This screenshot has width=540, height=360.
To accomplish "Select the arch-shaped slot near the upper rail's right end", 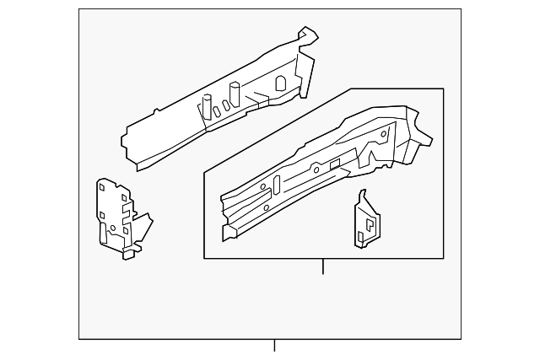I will click(x=281, y=82).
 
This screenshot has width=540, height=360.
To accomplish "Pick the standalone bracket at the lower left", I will click(x=118, y=217).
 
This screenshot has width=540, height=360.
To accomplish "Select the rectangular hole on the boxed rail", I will click(x=335, y=162).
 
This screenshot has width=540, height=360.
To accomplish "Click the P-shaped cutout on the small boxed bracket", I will click(x=369, y=225).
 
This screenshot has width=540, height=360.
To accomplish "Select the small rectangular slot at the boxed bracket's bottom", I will click(x=361, y=238).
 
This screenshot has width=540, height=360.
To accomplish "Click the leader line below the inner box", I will click(x=323, y=266).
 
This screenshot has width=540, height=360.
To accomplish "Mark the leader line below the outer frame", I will click(x=274, y=346).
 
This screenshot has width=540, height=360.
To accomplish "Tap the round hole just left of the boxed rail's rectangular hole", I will click(x=316, y=169).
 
